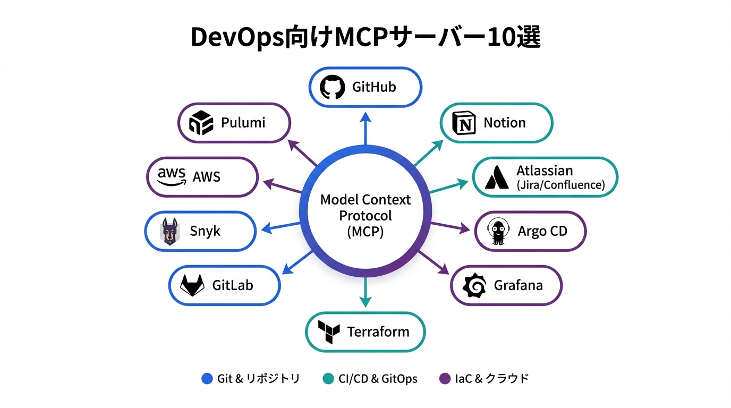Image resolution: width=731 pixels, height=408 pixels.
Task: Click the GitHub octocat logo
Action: tap(333, 87)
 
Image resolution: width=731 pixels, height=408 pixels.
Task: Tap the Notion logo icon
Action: tap(464, 123)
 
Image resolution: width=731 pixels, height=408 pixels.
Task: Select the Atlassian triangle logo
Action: tap(497, 177)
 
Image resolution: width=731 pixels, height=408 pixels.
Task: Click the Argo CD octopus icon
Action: tap(499, 232)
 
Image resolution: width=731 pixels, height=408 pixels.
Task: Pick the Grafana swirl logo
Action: tap(474, 286)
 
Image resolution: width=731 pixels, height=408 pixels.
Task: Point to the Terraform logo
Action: tap(328, 333)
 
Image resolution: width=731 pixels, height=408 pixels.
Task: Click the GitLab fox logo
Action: tap(192, 286)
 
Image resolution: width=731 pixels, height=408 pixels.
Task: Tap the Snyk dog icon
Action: tap(169, 232)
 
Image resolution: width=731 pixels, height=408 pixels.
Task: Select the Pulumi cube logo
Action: tap(201, 123)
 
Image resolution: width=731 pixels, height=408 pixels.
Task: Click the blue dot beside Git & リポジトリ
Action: tap(207, 379)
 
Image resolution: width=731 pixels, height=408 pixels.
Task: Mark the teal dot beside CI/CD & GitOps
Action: tap(328, 379)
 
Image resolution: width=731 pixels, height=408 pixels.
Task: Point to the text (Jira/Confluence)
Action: tap(560, 185)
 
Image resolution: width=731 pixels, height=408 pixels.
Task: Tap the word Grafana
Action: tap(518, 286)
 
